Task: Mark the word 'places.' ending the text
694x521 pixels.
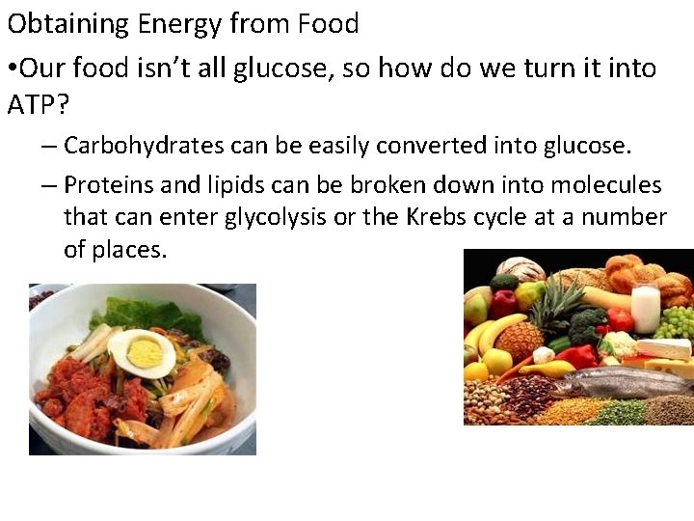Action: [116, 250]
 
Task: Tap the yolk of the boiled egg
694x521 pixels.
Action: [144, 354]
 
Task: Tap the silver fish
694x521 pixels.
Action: [617, 383]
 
